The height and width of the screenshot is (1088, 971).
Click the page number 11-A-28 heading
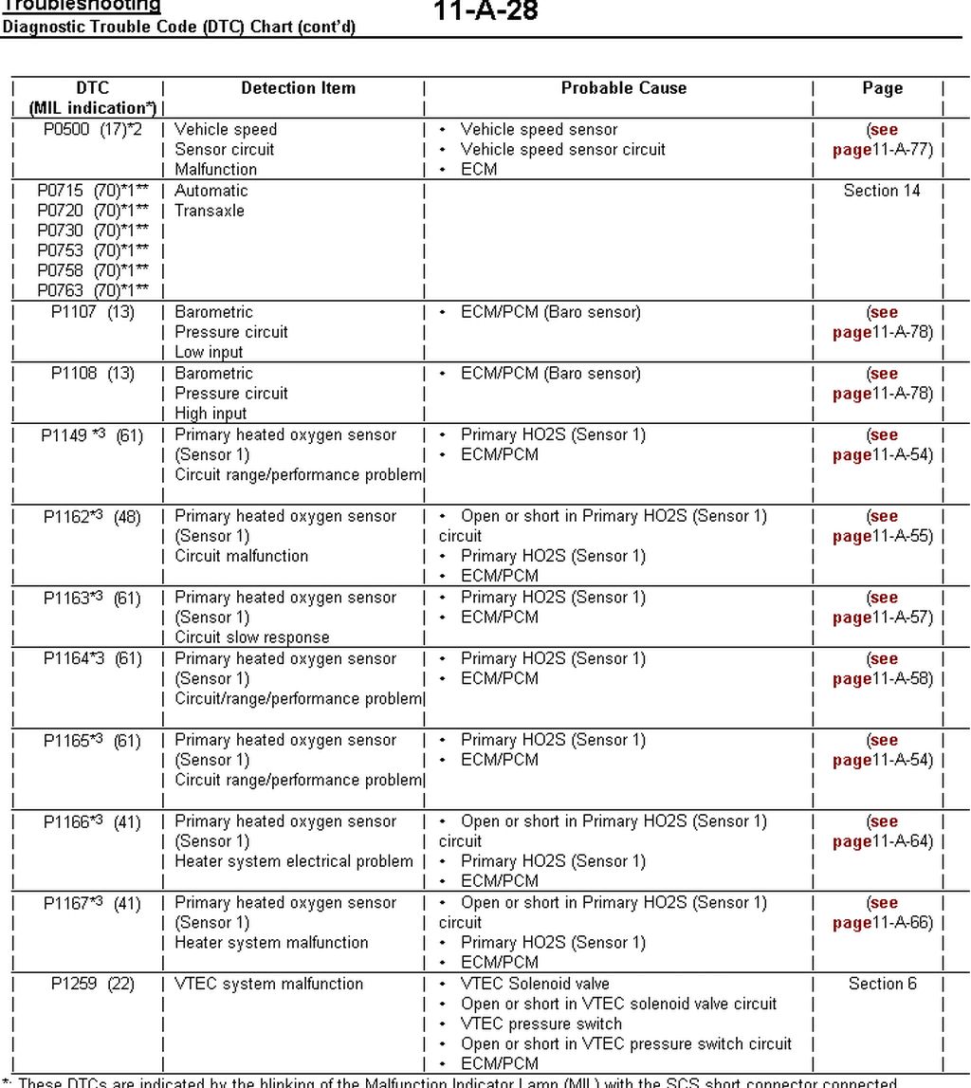click(x=485, y=11)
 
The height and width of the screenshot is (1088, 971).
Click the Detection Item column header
click(x=298, y=88)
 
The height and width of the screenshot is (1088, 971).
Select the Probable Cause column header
click(x=623, y=88)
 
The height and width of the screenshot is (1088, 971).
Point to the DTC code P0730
click(x=61, y=231)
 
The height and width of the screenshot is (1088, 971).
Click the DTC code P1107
click(x=74, y=312)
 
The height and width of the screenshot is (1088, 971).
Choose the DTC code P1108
click(x=74, y=374)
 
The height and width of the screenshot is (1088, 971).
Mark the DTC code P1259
click(x=74, y=985)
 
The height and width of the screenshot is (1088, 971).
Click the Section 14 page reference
click(x=882, y=191)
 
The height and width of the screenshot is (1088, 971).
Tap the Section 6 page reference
click(x=882, y=985)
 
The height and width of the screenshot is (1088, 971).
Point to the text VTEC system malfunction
click(x=268, y=985)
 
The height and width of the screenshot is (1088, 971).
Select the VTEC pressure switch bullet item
click(x=541, y=1024)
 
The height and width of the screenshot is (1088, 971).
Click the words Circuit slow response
click(x=252, y=638)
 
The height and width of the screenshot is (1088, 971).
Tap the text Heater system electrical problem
click(x=294, y=862)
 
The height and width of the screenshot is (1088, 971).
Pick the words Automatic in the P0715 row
click(x=211, y=191)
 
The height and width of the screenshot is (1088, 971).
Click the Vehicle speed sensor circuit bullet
click(x=563, y=150)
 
